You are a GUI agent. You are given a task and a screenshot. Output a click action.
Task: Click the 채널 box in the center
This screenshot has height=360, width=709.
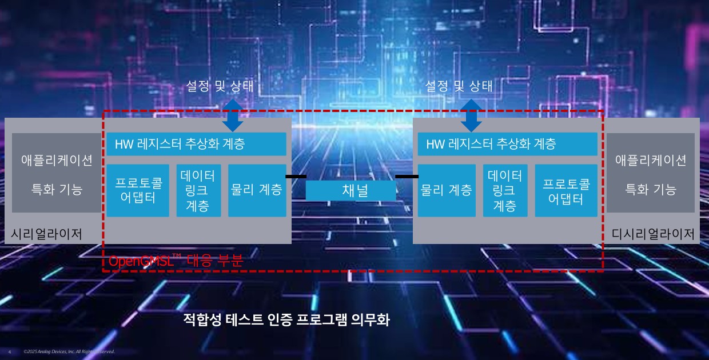point(350,190)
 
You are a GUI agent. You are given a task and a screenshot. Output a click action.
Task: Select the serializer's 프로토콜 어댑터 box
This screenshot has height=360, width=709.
point(138,190)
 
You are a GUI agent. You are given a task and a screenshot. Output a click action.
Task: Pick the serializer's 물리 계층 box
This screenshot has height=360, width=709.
point(257,190)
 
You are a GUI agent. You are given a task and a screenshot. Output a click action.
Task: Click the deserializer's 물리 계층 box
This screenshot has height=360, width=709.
point(447,190)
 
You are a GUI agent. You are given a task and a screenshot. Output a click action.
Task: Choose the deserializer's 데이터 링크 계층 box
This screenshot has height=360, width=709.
point(505,190)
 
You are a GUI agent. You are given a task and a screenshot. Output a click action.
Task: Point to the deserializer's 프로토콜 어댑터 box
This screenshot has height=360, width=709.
point(565,190)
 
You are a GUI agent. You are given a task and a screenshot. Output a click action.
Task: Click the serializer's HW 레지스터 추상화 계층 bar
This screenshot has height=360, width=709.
point(196,144)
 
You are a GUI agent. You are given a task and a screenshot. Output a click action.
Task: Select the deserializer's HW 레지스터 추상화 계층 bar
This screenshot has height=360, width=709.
point(507,144)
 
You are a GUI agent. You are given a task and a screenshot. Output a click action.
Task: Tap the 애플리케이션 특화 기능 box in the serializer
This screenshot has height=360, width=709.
point(56,173)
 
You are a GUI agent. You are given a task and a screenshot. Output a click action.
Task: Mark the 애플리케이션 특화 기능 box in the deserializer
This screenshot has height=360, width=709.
point(650,173)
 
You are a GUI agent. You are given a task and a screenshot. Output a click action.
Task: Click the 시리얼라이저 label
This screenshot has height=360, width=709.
point(47,234)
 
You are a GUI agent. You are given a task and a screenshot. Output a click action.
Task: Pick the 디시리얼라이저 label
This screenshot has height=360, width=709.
point(653,234)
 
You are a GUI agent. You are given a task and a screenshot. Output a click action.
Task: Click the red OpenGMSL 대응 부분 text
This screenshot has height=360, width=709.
point(176,261)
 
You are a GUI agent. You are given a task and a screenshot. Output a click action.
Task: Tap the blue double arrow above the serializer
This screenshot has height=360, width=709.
point(233,114)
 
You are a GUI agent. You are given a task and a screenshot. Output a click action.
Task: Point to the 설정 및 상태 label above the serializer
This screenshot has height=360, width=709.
point(220,86)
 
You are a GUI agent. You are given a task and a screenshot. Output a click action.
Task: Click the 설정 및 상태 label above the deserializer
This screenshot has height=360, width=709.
point(459,86)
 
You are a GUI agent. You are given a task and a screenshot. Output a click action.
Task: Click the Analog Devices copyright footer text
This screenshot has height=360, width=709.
point(69,351)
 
